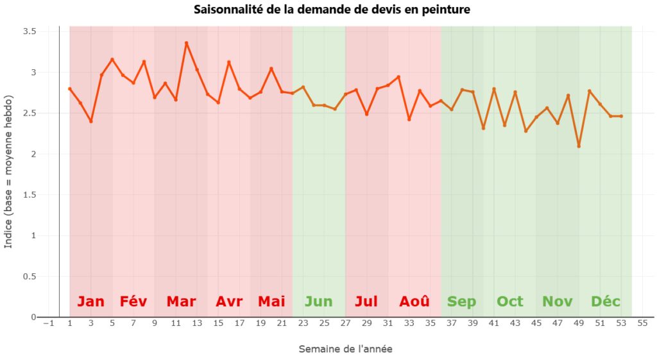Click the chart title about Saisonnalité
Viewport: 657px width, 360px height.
[x=332, y=9]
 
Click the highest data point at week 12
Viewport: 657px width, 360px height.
[x=187, y=43]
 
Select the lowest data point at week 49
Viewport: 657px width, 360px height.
[x=579, y=146]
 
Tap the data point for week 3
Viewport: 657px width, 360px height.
[x=91, y=121]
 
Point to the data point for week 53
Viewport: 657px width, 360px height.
[x=621, y=116]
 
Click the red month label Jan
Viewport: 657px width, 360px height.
[x=91, y=302]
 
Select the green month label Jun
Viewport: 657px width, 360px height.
[x=318, y=302]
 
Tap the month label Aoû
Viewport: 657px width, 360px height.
[x=414, y=302]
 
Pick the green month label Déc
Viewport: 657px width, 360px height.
[x=606, y=302]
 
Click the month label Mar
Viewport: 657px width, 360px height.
[x=181, y=302]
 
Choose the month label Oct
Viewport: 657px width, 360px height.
[x=510, y=302]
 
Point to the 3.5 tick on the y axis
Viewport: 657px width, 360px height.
[x=30, y=31]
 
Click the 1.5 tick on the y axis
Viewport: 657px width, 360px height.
[x=30, y=195]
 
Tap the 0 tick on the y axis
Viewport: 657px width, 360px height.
[x=33, y=317]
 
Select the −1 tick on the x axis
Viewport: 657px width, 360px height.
[x=49, y=323]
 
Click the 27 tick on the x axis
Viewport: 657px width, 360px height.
[x=345, y=323]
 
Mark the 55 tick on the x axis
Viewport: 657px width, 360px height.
[x=642, y=323]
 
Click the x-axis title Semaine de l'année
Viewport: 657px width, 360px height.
[x=345, y=349]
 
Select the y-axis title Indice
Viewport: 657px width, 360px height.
[x=8, y=172]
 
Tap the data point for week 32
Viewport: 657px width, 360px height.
[x=398, y=77]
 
